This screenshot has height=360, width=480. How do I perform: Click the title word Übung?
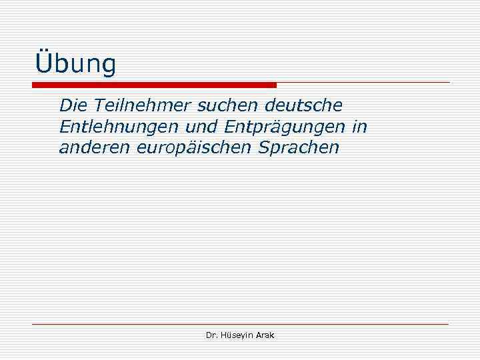click(x=75, y=65)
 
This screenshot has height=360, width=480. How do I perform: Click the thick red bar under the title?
click(x=154, y=85)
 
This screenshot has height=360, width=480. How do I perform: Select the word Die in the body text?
click(x=73, y=105)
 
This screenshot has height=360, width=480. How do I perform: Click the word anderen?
click(x=93, y=147)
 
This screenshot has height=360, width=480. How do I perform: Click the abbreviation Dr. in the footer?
click(x=212, y=335)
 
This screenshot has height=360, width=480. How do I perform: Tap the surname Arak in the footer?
click(x=266, y=335)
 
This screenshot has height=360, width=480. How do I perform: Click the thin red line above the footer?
click(x=240, y=324)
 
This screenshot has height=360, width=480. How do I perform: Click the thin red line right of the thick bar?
click(x=363, y=83)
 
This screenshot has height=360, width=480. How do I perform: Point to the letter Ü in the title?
click(x=43, y=63)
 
